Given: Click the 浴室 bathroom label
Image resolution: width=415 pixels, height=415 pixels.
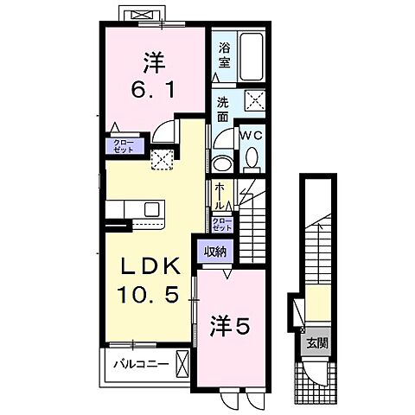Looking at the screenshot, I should (x=223, y=54).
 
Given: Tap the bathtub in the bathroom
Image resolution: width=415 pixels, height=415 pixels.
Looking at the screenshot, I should (x=251, y=54).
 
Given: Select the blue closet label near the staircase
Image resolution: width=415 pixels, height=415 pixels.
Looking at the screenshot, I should (x=220, y=224).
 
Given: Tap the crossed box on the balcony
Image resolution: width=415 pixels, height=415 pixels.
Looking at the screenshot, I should (x=181, y=362).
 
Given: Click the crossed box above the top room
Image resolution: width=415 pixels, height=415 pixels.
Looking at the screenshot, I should (x=140, y=15).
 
